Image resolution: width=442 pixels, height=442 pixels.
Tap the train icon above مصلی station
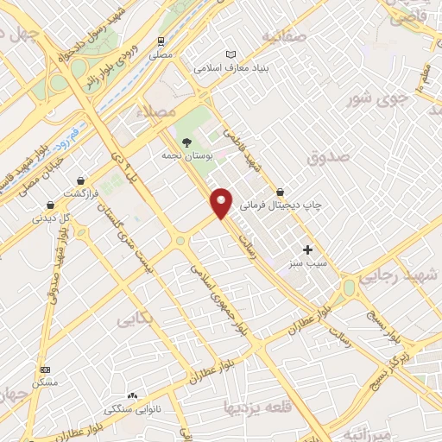tap(161, 41)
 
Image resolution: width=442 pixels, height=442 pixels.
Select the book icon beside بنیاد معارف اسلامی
tap(229, 53)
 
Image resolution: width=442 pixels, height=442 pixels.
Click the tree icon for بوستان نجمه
tap(185, 142)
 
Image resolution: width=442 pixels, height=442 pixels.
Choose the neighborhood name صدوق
tap(327, 158)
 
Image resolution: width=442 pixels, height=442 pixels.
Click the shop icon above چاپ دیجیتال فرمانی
tap(280, 192)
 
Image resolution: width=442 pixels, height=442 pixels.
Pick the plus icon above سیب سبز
tap(307, 249)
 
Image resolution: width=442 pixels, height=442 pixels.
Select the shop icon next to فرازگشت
tap(80, 180)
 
